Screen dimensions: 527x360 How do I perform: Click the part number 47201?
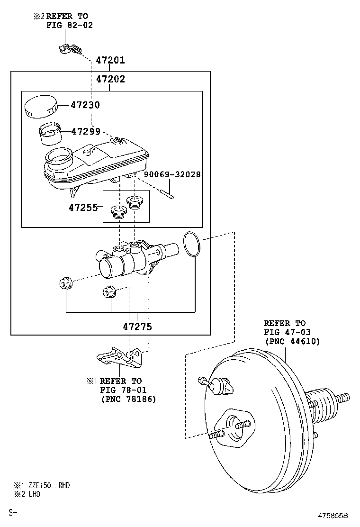point(110,60)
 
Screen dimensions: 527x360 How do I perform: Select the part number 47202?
point(110,79)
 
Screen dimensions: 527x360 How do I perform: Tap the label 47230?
point(85,105)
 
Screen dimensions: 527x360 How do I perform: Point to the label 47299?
point(85,131)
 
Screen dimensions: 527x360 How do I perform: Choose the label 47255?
point(82,208)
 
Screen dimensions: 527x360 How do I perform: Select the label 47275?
point(137,327)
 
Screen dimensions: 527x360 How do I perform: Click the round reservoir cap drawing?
point(41,107)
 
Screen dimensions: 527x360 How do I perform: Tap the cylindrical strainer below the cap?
point(49,133)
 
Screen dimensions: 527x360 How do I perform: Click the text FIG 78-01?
point(123,390)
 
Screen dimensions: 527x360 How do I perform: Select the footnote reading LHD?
point(33,494)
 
